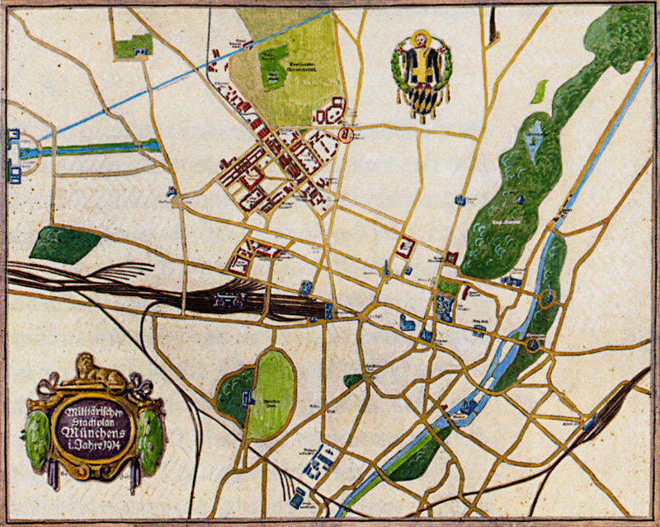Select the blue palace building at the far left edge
tap(14, 153)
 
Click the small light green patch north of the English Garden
tap(540, 91)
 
